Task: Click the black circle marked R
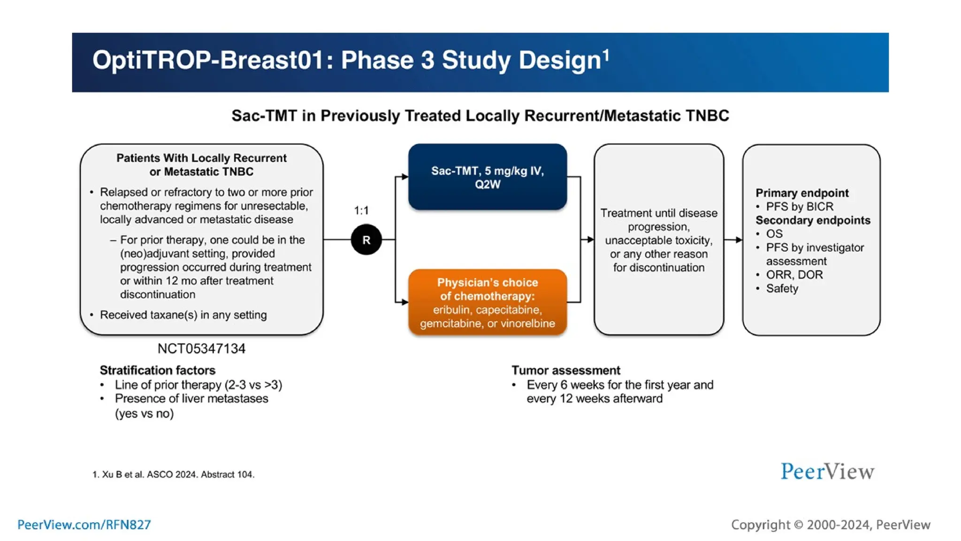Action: (366, 240)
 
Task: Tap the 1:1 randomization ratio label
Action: (361, 210)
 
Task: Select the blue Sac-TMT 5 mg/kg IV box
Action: (487, 177)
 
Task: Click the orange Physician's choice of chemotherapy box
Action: (487, 302)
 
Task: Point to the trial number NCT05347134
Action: (201, 348)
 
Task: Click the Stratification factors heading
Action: (157, 370)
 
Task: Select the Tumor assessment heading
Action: (565, 370)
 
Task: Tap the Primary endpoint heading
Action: (801, 193)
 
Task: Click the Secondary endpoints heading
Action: (813, 220)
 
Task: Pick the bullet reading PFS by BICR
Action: (799, 207)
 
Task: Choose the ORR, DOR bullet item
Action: (794, 275)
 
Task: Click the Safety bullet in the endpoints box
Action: (782, 288)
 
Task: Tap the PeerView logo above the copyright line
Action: (827, 471)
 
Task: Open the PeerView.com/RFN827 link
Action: (84, 525)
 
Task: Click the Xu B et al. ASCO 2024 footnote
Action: (173, 474)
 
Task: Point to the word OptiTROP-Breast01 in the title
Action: (208, 61)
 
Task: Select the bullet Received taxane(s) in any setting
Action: (183, 315)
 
